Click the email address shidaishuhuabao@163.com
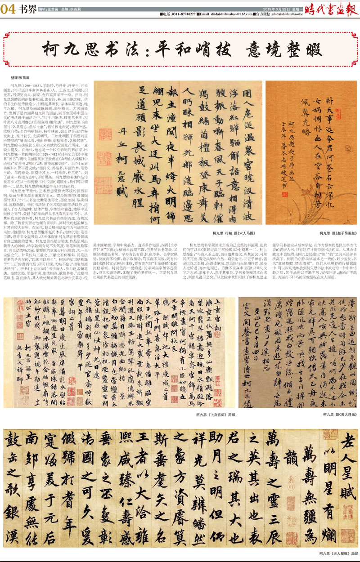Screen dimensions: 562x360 [x=225, y=14]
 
